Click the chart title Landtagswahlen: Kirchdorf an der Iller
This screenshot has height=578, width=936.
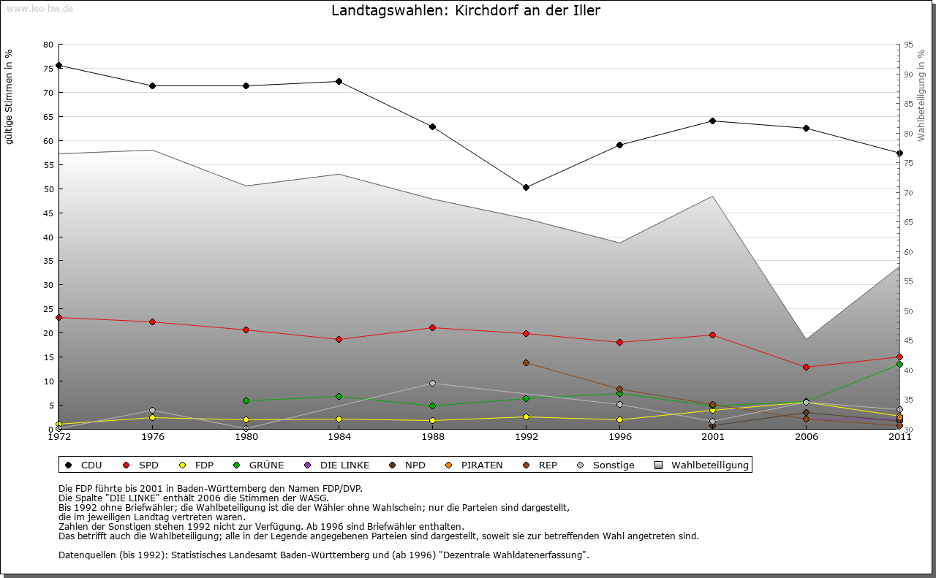[466, 11]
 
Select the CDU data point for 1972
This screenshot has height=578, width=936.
[58, 66]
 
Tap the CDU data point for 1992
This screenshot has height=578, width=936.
[526, 188]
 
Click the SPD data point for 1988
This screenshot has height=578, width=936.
[432, 328]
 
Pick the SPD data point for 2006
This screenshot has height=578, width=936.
[806, 368]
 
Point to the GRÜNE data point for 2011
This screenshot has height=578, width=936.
[899, 364]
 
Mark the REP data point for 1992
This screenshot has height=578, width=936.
[526, 363]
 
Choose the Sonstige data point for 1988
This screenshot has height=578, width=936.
[432, 384]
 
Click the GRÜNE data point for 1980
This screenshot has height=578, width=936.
[246, 401]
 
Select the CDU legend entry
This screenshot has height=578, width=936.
[84, 465]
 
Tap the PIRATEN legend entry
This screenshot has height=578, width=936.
[475, 465]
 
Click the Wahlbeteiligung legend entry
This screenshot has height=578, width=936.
[702, 465]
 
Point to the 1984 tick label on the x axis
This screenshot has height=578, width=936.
[339, 438]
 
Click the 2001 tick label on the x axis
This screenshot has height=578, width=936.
[712, 438]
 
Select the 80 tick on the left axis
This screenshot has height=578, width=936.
[48, 45]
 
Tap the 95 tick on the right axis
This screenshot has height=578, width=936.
[908, 45]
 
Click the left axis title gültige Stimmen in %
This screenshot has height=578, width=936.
[10, 96]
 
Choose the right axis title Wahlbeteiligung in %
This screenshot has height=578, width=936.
[921, 95]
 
